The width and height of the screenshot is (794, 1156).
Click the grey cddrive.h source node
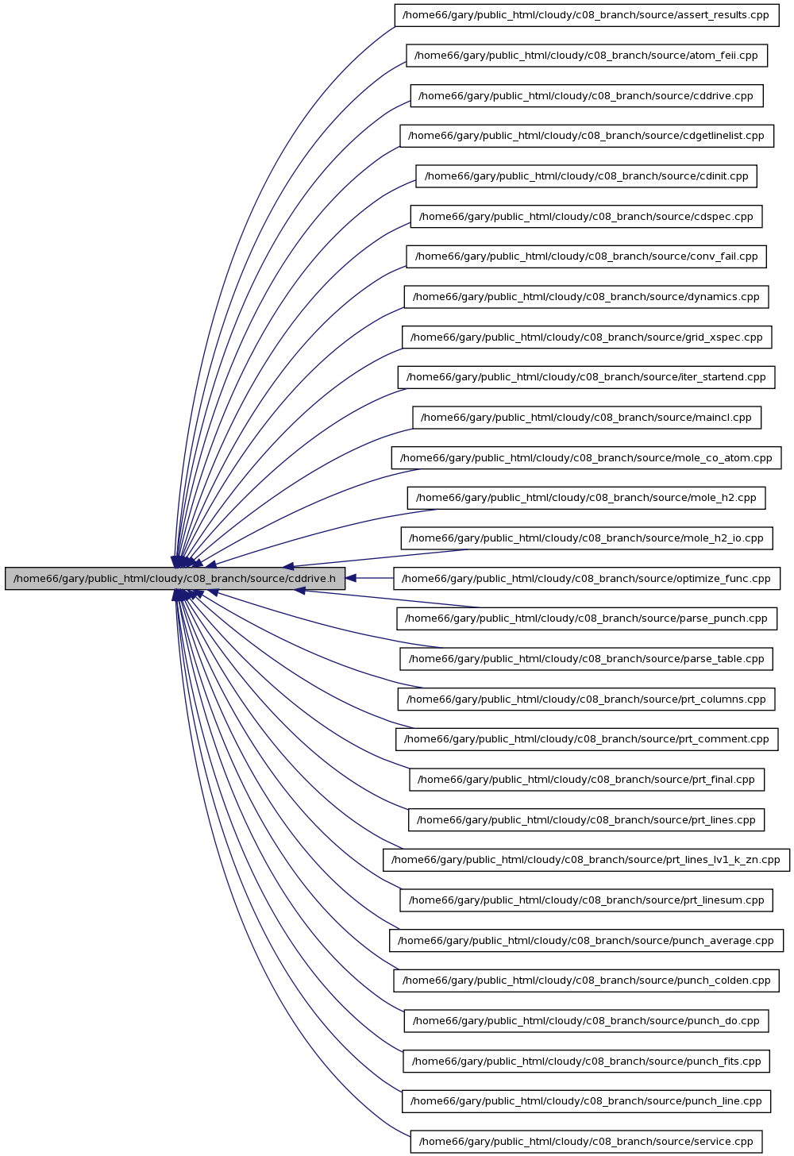(175, 579)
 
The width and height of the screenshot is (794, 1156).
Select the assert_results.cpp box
(587, 15)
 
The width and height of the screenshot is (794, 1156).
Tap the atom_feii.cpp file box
(587, 56)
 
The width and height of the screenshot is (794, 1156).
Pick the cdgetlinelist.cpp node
(587, 136)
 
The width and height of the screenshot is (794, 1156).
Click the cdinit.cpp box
(587, 176)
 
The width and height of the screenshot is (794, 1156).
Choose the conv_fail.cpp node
(587, 256)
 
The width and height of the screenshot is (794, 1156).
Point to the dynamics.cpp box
(587, 297)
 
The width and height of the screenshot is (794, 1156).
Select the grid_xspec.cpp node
(587, 337)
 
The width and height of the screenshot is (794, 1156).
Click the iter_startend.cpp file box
(587, 377)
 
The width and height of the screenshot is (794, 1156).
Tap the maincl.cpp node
(587, 418)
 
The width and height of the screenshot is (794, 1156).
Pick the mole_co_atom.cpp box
(587, 458)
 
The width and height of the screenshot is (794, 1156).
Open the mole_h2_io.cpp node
(587, 538)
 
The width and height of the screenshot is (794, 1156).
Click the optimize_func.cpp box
(587, 579)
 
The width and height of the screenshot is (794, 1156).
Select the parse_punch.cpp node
(587, 618)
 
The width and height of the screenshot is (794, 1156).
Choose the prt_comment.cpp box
(587, 739)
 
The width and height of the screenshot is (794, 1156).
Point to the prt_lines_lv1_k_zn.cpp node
(587, 860)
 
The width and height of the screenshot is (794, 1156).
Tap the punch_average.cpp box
(587, 940)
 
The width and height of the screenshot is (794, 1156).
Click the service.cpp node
(587, 1142)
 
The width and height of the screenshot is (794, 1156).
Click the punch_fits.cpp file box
(587, 1061)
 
